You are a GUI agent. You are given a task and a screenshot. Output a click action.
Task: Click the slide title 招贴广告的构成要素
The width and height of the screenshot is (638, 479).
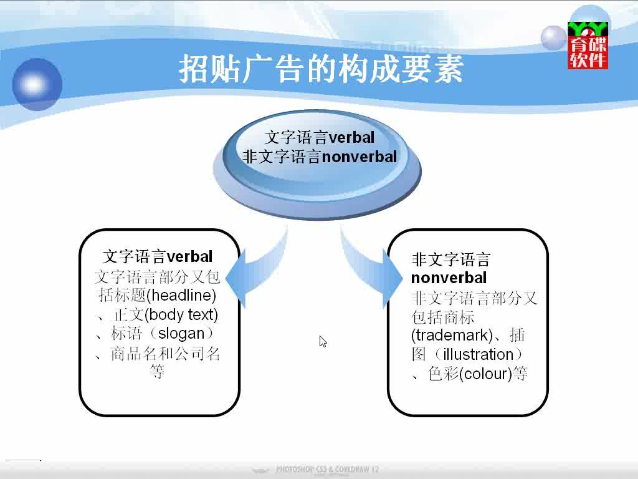(321, 69)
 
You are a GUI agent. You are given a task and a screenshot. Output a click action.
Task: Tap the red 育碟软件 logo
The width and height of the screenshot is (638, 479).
(588, 45)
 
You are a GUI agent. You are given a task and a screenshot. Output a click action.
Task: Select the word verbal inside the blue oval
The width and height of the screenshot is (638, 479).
(351, 137)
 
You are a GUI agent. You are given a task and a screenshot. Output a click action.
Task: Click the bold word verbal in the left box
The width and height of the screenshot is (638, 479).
(190, 256)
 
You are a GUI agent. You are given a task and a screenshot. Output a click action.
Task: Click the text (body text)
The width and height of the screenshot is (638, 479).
(181, 314)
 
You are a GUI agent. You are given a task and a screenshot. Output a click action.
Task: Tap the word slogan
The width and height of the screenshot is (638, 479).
(181, 334)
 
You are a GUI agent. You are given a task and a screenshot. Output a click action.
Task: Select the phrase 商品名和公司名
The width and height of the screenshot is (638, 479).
(165, 353)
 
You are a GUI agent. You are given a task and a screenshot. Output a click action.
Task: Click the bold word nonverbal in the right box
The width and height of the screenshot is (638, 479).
(449, 278)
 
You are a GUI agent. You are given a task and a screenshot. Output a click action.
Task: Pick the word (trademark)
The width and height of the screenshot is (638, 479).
(452, 335)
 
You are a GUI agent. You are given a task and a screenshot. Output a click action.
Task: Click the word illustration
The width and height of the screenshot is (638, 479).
(478, 354)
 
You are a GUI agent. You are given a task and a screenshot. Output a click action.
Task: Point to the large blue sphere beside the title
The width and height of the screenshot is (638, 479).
(37, 84)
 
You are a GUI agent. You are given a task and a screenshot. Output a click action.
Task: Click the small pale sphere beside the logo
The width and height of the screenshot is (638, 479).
(554, 38)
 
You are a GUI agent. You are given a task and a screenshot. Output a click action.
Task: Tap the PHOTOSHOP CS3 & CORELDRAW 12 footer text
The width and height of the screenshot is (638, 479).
(327, 469)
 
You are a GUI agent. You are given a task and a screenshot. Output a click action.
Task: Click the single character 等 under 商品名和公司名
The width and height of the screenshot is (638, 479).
(157, 372)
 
